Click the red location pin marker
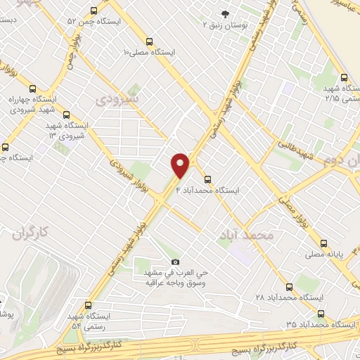tap(181, 165)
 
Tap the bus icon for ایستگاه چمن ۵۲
tap(95, 11)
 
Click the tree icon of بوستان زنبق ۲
tap(225, 13)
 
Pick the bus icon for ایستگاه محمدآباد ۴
tap(207, 179)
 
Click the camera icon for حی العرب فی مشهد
tap(175, 262)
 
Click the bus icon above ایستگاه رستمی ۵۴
tap(88, 305)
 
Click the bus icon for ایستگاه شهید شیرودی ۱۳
tap(66, 115)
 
